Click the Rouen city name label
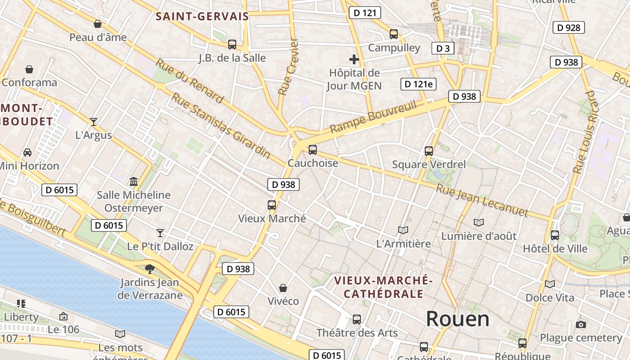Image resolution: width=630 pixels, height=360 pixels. [x=457, y=319]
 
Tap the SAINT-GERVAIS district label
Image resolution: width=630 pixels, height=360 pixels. [x=202, y=17]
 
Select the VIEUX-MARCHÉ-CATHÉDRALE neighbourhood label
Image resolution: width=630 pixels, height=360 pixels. [x=383, y=287]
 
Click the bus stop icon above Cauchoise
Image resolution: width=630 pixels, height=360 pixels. [x=312, y=150]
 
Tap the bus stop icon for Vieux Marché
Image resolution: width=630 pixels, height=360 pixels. [x=272, y=205]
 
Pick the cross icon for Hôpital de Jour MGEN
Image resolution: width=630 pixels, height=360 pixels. [x=354, y=59]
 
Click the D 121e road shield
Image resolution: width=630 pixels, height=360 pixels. [x=418, y=84]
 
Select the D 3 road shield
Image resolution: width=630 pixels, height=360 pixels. [x=443, y=48]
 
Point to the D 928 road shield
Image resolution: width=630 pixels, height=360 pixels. [x=568, y=27]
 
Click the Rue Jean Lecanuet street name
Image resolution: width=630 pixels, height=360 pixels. [x=481, y=200]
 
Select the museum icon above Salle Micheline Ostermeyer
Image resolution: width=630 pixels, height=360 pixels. [x=134, y=182]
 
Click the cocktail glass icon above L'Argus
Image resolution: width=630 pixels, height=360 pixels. [x=93, y=121]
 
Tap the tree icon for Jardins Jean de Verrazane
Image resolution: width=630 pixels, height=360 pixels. [x=149, y=269]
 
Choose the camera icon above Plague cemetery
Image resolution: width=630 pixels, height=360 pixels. [x=581, y=324]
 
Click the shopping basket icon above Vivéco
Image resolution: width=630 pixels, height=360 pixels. [x=283, y=288]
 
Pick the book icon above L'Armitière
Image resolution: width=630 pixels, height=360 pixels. [x=403, y=230]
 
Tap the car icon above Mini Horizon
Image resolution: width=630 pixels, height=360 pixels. [x=27, y=152]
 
